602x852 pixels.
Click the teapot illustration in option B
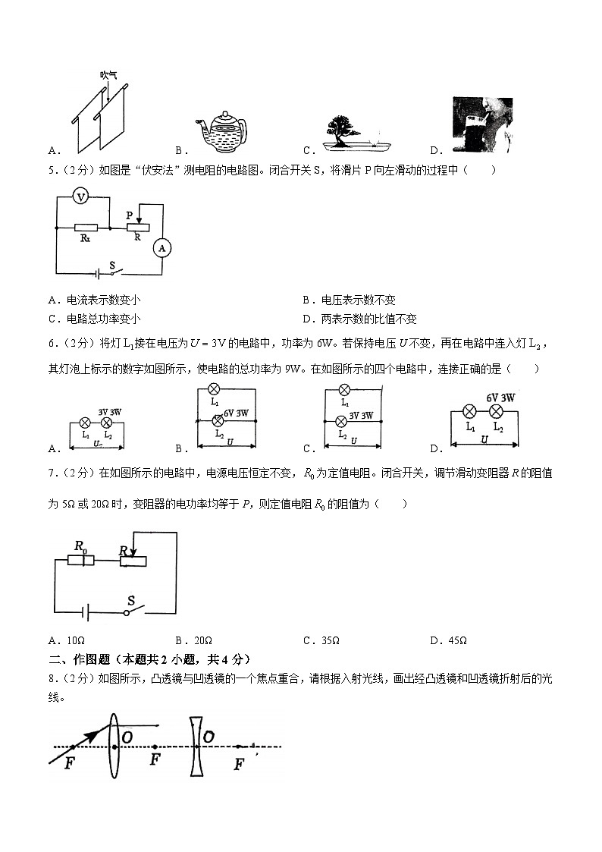click(222, 130)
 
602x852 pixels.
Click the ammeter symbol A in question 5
click(160, 247)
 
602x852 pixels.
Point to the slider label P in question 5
click(130, 215)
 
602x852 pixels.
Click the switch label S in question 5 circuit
click(111, 265)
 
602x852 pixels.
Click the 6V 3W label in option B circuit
click(236, 413)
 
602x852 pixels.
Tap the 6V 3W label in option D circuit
click(500, 398)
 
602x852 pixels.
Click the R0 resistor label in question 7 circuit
click(80, 545)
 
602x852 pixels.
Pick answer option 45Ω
click(457, 640)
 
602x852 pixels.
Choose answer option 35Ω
click(330, 640)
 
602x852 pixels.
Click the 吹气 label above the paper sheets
click(108, 75)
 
